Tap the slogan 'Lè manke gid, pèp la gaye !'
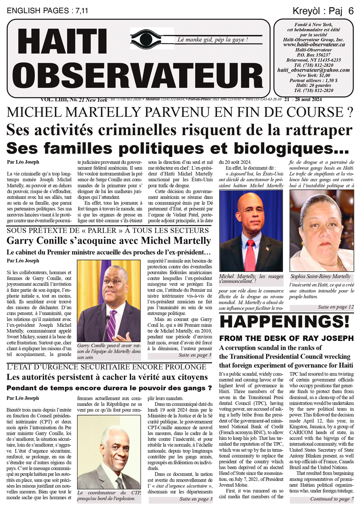click(212, 40)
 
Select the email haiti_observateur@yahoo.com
click(313, 70)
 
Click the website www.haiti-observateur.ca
click(313, 45)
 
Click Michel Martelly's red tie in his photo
click(250, 255)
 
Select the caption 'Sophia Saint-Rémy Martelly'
click(320, 276)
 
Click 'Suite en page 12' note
click(336, 307)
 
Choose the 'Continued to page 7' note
click(332, 499)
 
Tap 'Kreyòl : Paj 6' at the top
click(323, 11)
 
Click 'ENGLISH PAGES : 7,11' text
click(47, 11)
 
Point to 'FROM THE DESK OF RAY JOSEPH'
click(286, 338)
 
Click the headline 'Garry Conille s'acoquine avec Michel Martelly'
click(109, 241)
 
